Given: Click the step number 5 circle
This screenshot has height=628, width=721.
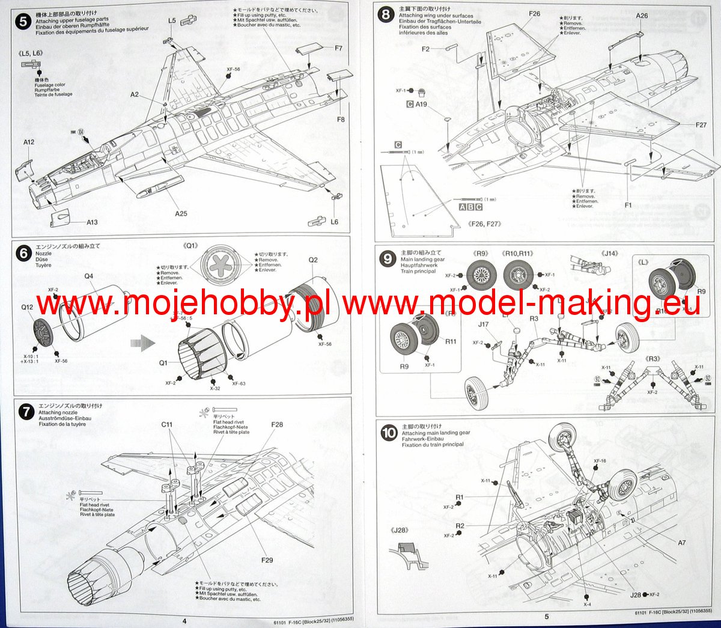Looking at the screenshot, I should (x=23, y=22).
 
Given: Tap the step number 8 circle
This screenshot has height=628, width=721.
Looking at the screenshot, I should (x=386, y=14).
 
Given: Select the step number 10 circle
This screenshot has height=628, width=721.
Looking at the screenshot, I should (x=389, y=433).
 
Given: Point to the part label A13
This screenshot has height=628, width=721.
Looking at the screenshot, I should (x=92, y=222).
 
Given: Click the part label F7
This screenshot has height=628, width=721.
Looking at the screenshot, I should (x=338, y=48).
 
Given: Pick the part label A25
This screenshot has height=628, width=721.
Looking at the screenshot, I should (x=181, y=213).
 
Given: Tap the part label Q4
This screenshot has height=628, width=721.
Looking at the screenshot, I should (x=88, y=276).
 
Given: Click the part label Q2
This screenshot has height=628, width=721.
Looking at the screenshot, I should (x=313, y=260).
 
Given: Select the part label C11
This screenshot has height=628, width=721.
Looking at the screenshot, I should (x=167, y=424).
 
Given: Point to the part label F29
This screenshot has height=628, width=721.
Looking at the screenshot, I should (x=267, y=560).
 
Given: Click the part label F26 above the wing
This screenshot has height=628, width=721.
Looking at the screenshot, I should (x=534, y=14).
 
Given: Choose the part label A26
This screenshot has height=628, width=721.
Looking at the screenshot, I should (x=642, y=16).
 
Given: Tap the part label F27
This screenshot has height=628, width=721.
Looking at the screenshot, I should (x=701, y=125).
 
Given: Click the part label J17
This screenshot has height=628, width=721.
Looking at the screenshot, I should (x=483, y=325).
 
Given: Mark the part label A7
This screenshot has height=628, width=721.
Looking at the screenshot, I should (x=681, y=543).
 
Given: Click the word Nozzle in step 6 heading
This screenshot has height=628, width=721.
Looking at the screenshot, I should (x=44, y=254).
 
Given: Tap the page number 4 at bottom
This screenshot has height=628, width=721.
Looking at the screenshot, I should (x=184, y=620).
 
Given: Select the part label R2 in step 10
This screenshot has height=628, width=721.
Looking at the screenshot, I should (x=460, y=526).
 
